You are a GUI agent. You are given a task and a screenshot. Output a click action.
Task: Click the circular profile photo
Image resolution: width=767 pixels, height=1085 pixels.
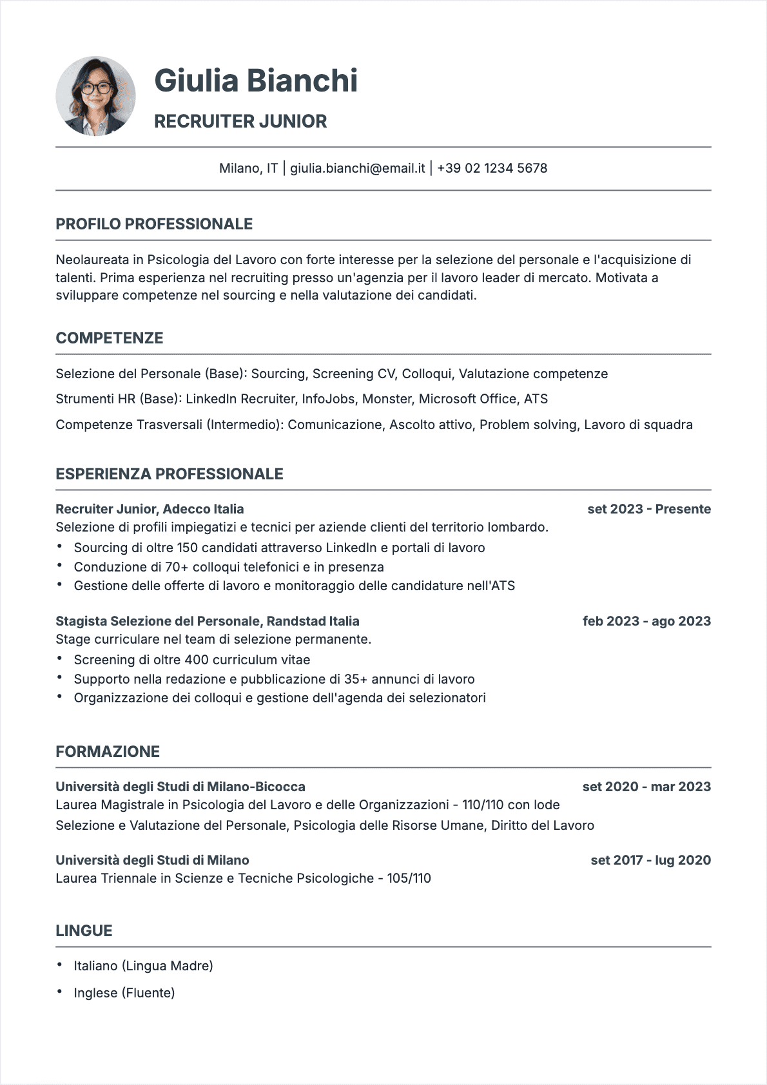pyautogui.click(x=95, y=96)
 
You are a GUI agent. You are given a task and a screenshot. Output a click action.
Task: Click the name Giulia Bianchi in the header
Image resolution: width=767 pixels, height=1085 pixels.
pyautogui.click(x=256, y=81)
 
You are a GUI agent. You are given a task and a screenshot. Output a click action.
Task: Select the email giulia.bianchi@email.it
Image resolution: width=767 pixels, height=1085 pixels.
pyautogui.click(x=358, y=168)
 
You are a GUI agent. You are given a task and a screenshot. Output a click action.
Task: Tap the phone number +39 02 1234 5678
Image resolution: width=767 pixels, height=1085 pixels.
pyautogui.click(x=492, y=168)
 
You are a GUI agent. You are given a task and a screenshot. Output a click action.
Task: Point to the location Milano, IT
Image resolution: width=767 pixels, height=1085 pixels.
pyautogui.click(x=248, y=168)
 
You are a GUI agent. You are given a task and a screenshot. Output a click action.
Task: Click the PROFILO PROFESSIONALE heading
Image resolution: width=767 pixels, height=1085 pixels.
pyautogui.click(x=154, y=224)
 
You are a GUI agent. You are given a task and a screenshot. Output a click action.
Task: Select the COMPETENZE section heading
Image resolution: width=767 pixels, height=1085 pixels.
pyautogui.click(x=110, y=338)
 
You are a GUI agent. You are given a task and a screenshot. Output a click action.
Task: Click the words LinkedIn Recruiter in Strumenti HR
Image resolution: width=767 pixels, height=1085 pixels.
pyautogui.click(x=240, y=399)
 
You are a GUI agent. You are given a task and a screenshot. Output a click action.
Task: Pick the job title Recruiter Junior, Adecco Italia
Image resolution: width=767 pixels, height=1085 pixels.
pyautogui.click(x=150, y=509)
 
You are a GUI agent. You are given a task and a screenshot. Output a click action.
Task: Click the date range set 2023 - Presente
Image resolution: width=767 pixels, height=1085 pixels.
pyautogui.click(x=648, y=509)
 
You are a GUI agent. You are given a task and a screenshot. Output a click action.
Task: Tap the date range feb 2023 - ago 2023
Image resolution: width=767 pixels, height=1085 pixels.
pyautogui.click(x=646, y=621)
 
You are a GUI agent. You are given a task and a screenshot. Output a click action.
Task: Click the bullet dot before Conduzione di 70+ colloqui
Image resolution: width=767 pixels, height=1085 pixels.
pyautogui.click(x=59, y=566)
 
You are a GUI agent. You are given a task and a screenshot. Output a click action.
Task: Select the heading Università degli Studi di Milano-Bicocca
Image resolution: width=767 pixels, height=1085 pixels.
pyautogui.click(x=180, y=787)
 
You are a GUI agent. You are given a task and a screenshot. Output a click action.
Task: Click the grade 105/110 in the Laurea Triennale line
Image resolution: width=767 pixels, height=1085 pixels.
pyautogui.click(x=409, y=878)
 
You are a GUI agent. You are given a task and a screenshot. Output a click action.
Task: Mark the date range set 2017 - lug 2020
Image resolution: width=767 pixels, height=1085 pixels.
pyautogui.click(x=650, y=860)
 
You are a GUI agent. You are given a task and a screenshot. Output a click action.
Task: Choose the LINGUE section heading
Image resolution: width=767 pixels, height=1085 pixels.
pyautogui.click(x=84, y=931)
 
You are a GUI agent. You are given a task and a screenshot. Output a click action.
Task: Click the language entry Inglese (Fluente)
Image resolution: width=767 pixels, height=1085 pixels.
pyautogui.click(x=124, y=993)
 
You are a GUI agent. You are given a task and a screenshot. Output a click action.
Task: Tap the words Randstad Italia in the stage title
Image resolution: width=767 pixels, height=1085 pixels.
pyautogui.click(x=313, y=621)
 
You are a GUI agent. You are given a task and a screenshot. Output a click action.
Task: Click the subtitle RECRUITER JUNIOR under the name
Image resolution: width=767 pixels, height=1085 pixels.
pyautogui.click(x=240, y=121)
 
